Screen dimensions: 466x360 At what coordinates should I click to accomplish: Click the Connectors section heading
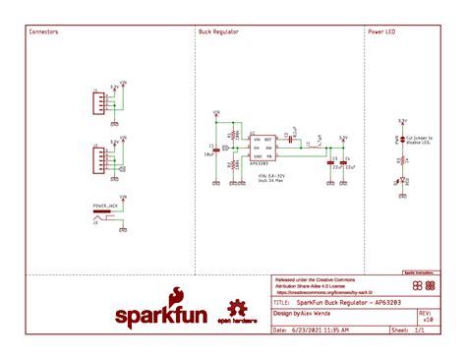(43, 31)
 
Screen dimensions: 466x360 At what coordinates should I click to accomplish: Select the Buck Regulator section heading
(218, 31)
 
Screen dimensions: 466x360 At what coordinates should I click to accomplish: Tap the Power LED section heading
(381, 31)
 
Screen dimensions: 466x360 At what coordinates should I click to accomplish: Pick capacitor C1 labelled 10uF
(218, 149)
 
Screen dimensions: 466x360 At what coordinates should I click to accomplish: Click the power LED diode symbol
(401, 180)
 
